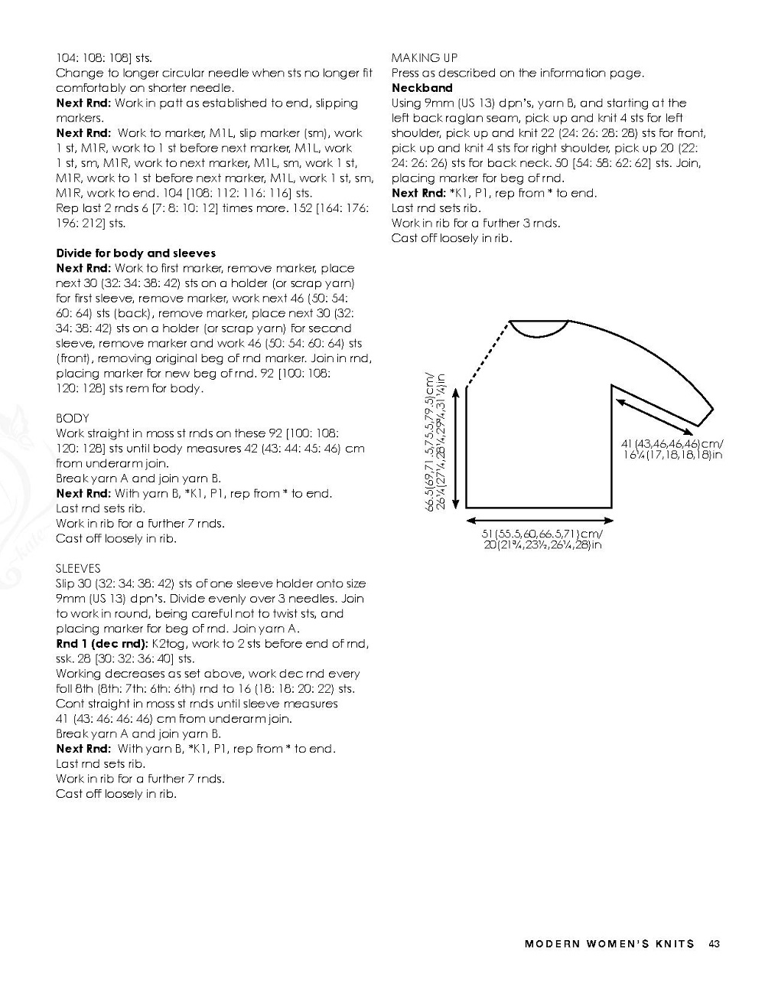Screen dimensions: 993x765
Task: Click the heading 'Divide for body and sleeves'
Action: pyautogui.click(x=136, y=253)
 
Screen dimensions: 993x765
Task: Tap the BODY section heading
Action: pyautogui.click(x=73, y=418)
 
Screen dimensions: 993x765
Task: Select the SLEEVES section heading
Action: pyautogui.click(x=78, y=568)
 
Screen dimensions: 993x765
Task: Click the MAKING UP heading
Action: pyautogui.click(x=425, y=57)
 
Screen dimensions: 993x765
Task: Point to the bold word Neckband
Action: pyautogui.click(x=422, y=88)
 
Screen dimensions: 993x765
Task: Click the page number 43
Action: pyautogui.click(x=715, y=943)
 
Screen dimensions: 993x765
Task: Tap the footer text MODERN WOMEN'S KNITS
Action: pyautogui.click(x=610, y=943)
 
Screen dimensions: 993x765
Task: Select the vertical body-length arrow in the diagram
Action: pyautogui.click(x=456, y=448)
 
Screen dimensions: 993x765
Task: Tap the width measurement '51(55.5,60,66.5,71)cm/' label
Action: pyautogui.click(x=542, y=534)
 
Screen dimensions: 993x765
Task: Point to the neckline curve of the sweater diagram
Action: pyautogui.click(x=535, y=332)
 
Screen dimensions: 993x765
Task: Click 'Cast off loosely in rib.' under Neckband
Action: pyautogui.click(x=451, y=238)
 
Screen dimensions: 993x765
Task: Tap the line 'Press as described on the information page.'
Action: pyautogui.click(x=518, y=73)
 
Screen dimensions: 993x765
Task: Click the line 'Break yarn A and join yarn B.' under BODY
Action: pyautogui.click(x=138, y=479)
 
